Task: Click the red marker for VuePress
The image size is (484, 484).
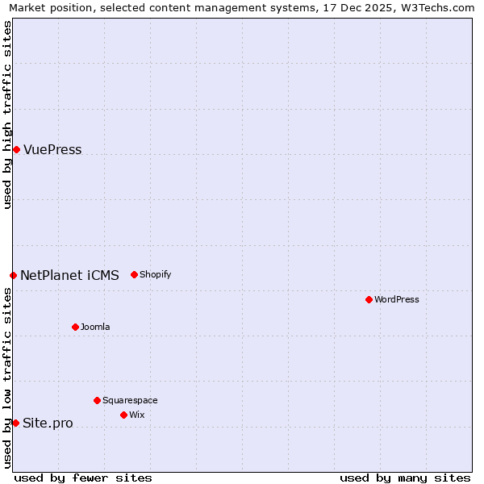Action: point(16,149)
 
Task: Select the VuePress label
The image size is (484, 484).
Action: point(52,150)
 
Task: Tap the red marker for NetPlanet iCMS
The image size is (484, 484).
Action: point(13,275)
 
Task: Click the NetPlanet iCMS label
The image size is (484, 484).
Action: point(69,276)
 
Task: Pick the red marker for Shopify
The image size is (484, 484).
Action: point(134,274)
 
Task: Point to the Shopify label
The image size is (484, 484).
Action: point(156,274)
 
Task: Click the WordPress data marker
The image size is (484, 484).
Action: point(369,299)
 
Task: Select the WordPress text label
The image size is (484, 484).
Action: point(397,299)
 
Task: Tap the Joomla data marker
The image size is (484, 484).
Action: point(75,327)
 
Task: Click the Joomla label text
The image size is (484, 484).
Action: point(95,327)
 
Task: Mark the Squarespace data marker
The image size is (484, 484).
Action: point(97,400)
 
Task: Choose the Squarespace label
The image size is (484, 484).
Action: point(130,400)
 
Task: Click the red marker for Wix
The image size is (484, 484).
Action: point(123,415)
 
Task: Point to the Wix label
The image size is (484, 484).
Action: point(137,415)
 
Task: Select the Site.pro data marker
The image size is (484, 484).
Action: point(15,423)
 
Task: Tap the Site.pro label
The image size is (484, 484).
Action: point(48,423)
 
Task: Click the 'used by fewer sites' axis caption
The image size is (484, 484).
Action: point(83,478)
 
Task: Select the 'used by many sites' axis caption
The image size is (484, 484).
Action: point(405,478)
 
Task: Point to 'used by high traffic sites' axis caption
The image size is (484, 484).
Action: point(7,115)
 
